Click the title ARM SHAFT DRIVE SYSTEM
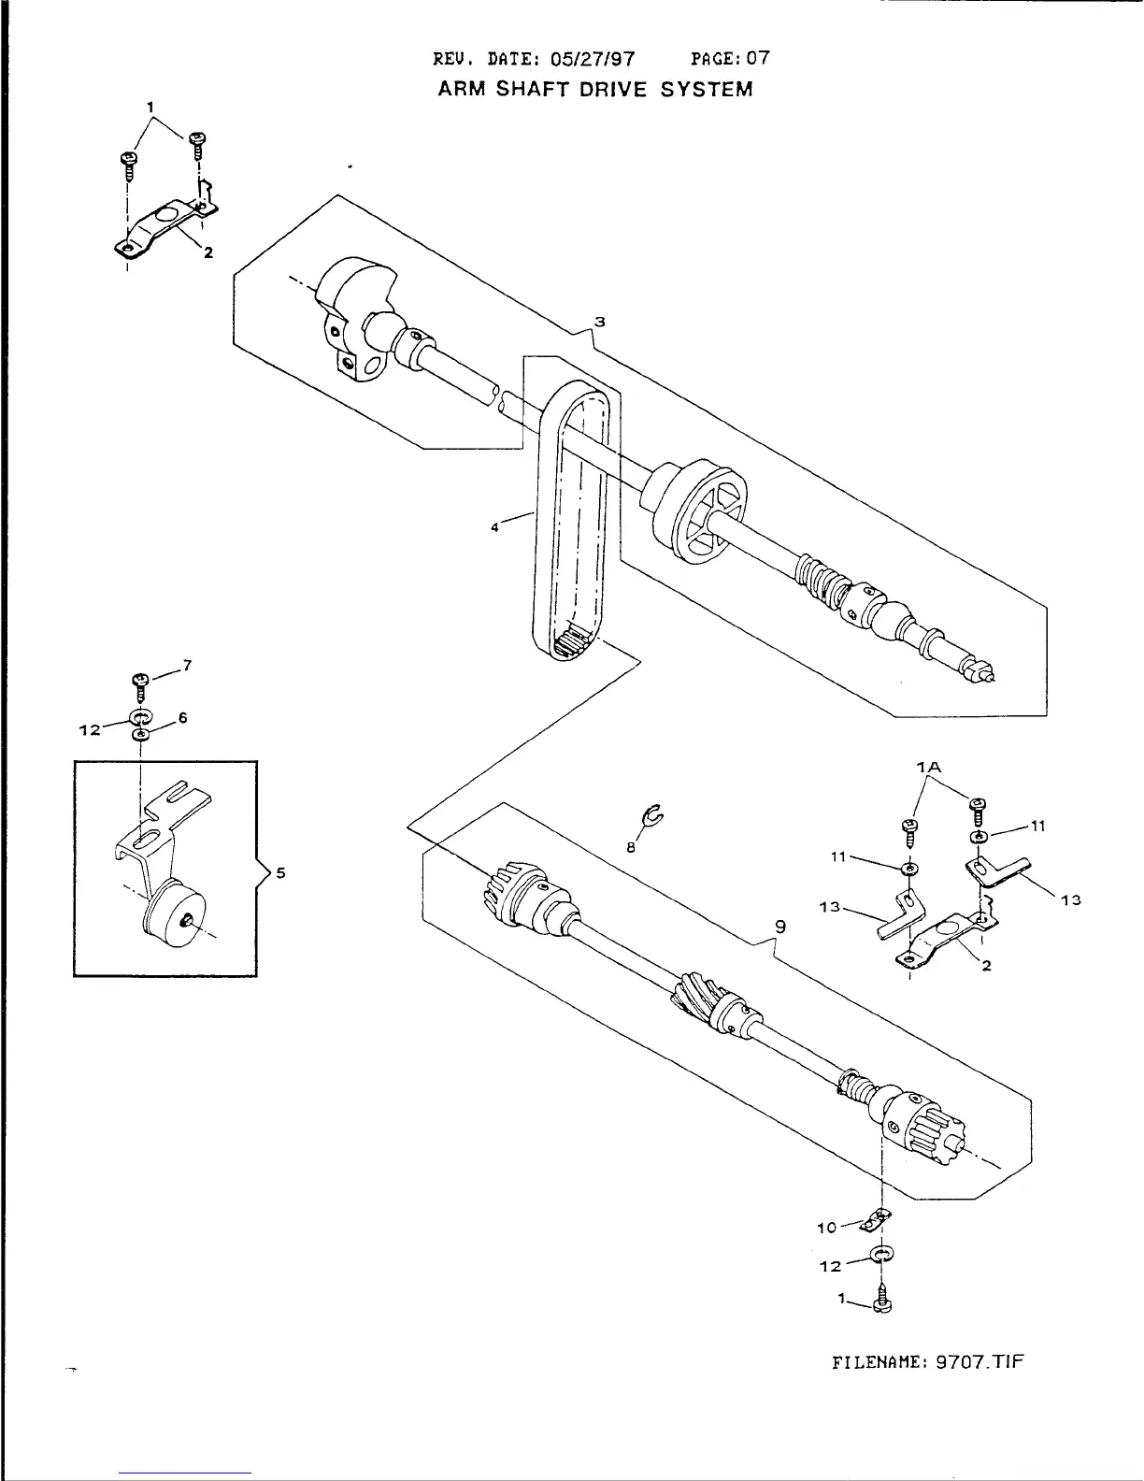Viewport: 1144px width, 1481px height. pos(595,90)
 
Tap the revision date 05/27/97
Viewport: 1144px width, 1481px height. pos(593,59)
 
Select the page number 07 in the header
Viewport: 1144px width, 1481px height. pos(758,58)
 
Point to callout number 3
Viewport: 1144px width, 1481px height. pos(600,322)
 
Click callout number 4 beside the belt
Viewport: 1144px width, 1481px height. pos(495,527)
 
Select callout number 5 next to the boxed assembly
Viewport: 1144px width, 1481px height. pos(281,873)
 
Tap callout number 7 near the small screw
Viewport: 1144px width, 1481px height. pos(188,665)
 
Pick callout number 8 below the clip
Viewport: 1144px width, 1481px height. pos(630,847)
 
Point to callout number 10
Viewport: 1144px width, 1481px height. pos(826,1228)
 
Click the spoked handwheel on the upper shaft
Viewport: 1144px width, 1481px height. pos(707,512)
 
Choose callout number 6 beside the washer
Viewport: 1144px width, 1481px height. pos(183,717)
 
